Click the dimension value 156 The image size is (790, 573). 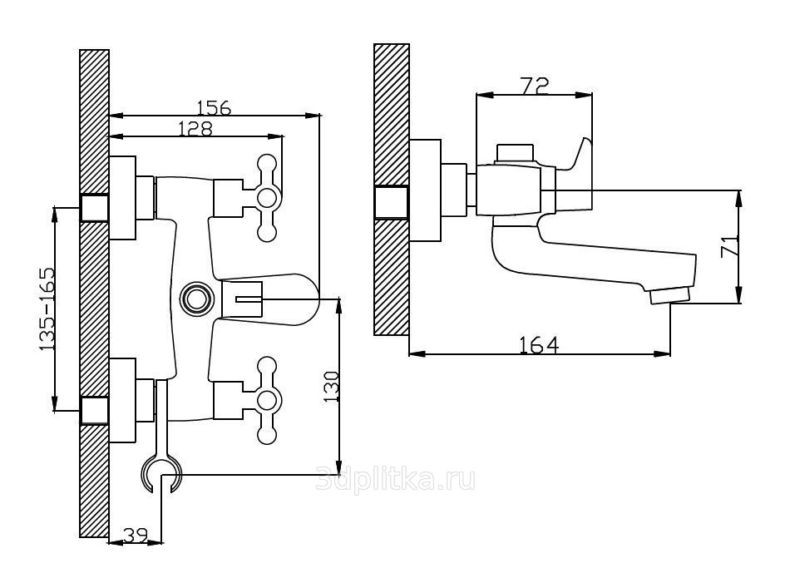coord(214,107)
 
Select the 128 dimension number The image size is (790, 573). coord(195,128)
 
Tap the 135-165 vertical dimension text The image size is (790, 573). coord(47,308)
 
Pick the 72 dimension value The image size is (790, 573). coord(533,85)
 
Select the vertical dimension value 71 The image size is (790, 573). coord(728,247)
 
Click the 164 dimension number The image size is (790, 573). coord(538,343)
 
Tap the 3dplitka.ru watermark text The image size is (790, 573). coord(396,480)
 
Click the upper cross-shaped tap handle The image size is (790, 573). coord(268,198)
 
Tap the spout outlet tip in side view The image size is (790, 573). coord(670,295)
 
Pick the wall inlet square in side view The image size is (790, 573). coord(391,202)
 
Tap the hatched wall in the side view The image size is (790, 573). coord(391,274)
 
